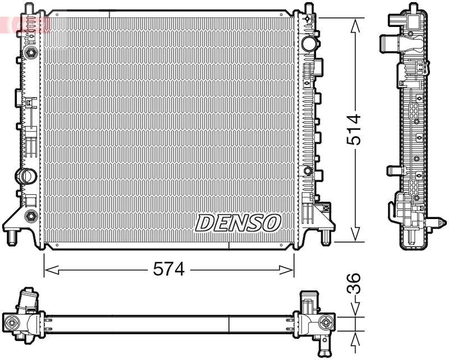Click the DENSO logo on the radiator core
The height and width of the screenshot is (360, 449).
(237, 223)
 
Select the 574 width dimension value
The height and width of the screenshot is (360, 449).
(168, 270)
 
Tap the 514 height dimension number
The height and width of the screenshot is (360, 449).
(354, 130)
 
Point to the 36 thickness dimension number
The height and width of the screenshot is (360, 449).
(354, 284)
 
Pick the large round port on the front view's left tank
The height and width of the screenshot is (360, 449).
(25, 175)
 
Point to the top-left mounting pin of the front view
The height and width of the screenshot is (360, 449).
(25, 10)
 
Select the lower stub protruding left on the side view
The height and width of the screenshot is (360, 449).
(391, 171)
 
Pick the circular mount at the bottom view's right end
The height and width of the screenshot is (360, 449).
(325, 322)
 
